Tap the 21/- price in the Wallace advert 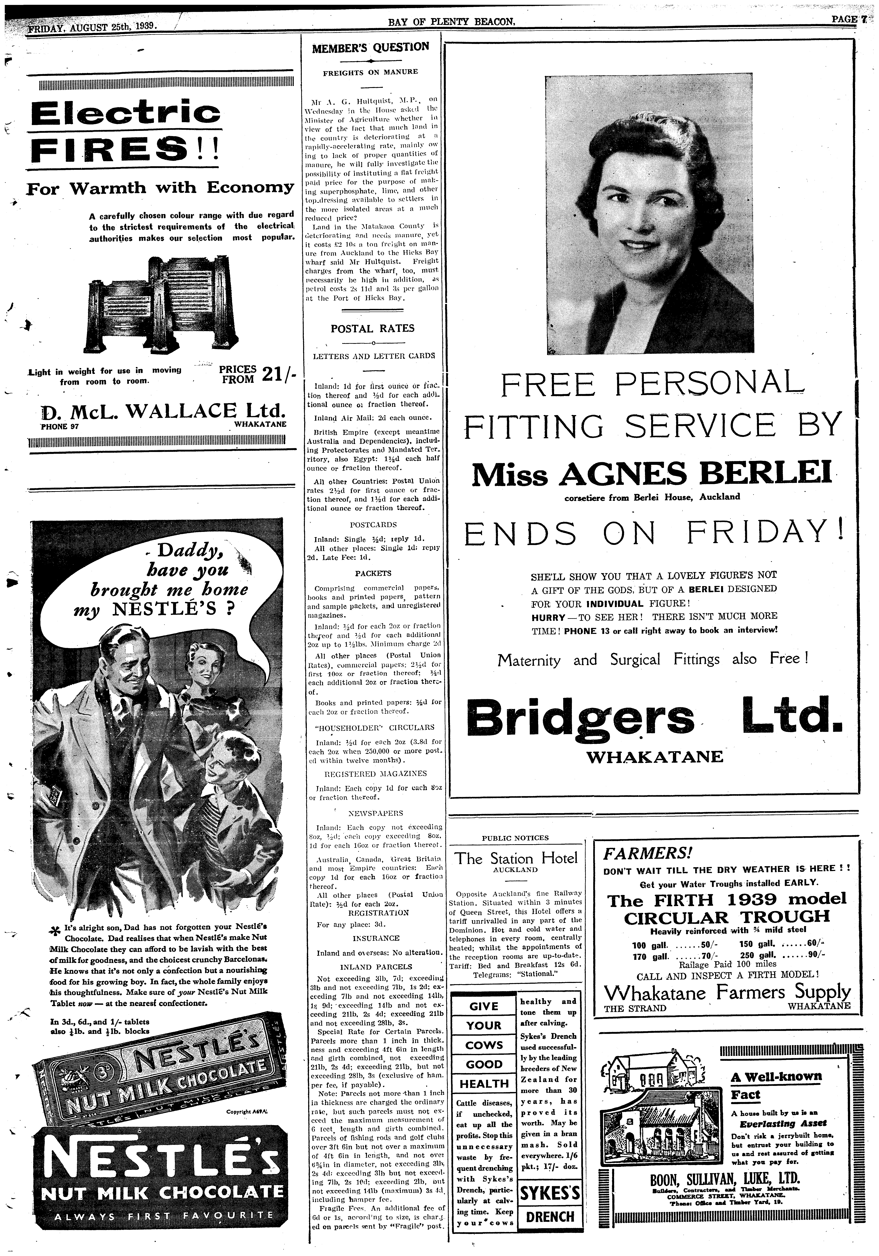(x=278, y=375)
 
